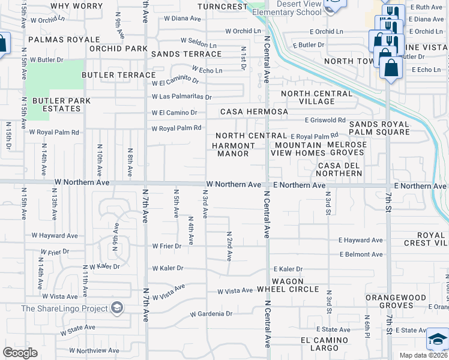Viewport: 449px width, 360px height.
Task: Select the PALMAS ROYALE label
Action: coord(42,41)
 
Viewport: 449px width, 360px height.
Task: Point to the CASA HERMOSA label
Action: coord(254,112)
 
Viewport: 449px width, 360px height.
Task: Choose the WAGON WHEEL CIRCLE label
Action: coord(295,285)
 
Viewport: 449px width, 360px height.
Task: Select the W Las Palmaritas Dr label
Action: coord(182,97)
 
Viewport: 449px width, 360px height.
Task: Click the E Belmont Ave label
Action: coord(361,254)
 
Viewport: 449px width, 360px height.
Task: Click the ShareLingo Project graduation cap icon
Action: coord(117,308)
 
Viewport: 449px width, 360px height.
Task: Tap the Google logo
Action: coord(20,353)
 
